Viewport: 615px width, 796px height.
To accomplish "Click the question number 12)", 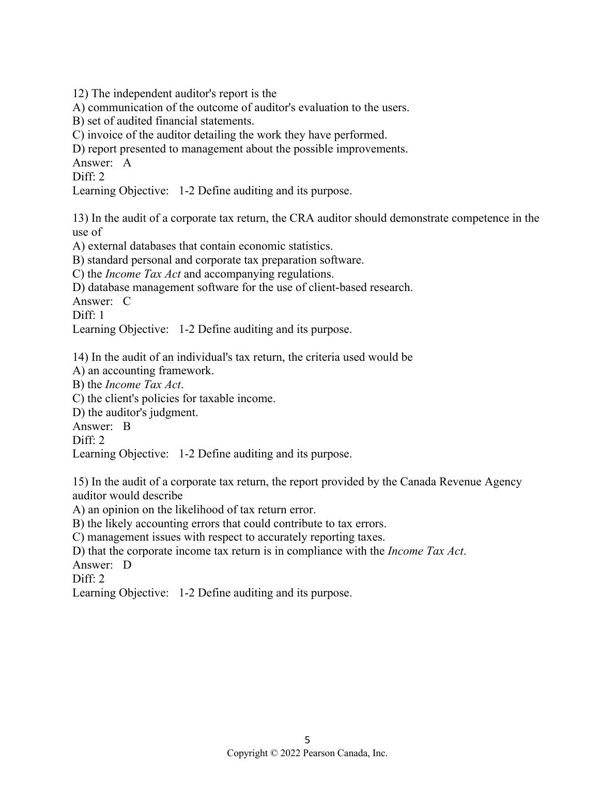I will (x=81, y=94).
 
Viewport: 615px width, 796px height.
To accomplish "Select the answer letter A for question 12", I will (x=127, y=163).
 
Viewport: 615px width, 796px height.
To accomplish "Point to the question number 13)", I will (x=81, y=218).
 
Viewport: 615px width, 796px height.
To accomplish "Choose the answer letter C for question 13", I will (x=127, y=301).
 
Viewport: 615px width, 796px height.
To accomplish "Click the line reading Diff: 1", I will (x=88, y=315).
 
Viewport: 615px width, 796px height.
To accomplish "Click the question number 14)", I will (x=81, y=357).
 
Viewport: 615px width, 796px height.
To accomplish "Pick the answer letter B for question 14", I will (x=127, y=426).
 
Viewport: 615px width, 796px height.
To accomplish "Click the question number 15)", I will (x=81, y=482).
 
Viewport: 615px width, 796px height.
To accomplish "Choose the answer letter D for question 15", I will (x=127, y=565).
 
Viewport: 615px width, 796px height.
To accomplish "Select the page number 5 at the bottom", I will (x=308, y=740).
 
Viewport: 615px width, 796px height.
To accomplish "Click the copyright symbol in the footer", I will (x=274, y=754).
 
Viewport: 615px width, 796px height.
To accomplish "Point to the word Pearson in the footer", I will (x=319, y=754).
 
